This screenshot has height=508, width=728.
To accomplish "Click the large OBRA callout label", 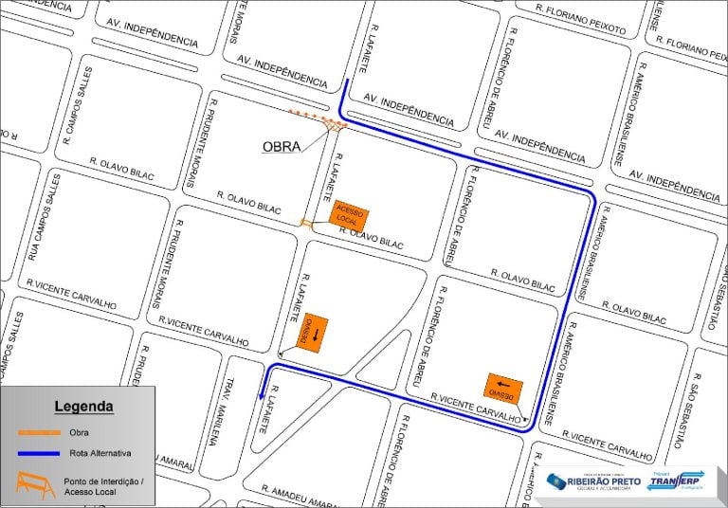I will pyautogui.click(x=281, y=147).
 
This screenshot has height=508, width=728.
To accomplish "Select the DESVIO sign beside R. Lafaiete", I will pyautogui.click(x=312, y=333).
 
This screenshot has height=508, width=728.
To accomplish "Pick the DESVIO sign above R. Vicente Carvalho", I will pyautogui.click(x=502, y=388).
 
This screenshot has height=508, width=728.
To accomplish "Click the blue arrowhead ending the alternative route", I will pyautogui.click(x=261, y=396).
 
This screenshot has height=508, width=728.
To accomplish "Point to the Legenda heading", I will pyautogui.click(x=83, y=407).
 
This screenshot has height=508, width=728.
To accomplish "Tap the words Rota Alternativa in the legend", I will pyautogui.click(x=100, y=453).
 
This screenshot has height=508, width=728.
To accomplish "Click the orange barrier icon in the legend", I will pyautogui.click(x=35, y=485).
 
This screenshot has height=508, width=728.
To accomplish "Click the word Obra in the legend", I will pyautogui.click(x=79, y=433).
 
